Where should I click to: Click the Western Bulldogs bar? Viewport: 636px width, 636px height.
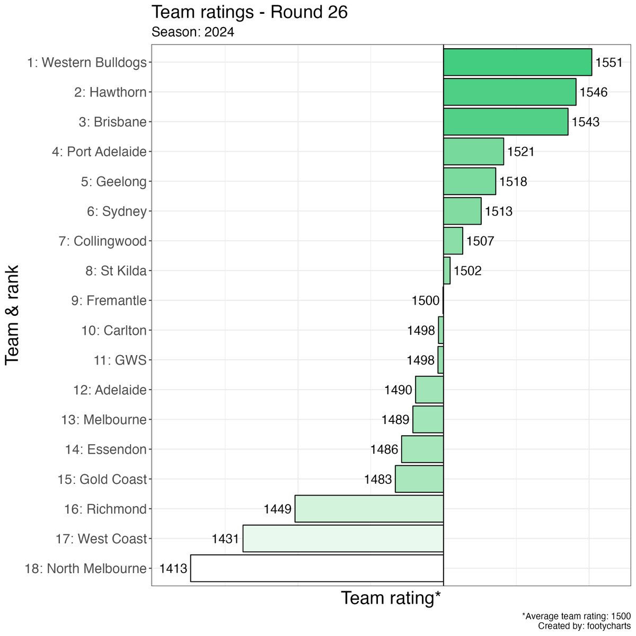[x=517, y=63]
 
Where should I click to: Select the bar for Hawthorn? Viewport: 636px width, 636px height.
[x=509, y=92]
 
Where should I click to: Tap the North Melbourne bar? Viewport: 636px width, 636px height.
[x=316, y=568]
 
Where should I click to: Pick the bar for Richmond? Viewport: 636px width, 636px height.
[x=369, y=509]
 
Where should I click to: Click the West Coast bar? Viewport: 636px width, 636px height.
[x=343, y=538]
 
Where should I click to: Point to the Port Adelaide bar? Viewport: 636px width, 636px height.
[x=473, y=152]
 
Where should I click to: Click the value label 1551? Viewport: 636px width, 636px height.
[x=609, y=63]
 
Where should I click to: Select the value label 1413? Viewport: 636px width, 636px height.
[x=173, y=569]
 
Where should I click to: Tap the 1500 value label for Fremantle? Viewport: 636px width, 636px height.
[x=426, y=301]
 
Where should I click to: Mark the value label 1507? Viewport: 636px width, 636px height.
[x=480, y=241]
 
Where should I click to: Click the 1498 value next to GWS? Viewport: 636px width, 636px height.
[x=421, y=360]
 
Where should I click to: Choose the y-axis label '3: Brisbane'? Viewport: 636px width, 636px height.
[x=112, y=122]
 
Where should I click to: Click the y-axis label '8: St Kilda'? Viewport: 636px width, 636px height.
[x=116, y=271]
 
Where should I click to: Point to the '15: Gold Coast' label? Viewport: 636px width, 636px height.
[x=102, y=479]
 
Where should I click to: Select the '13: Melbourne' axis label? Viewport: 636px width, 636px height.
[x=104, y=420]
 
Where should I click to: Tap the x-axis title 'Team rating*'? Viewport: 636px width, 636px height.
[x=391, y=598]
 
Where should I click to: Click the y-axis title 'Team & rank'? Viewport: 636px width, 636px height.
[x=12, y=315]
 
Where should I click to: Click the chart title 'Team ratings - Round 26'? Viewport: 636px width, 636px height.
[x=250, y=12]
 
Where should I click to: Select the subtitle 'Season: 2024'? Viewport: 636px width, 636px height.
[x=193, y=32]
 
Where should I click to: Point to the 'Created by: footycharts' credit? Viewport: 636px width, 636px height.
[x=584, y=626]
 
